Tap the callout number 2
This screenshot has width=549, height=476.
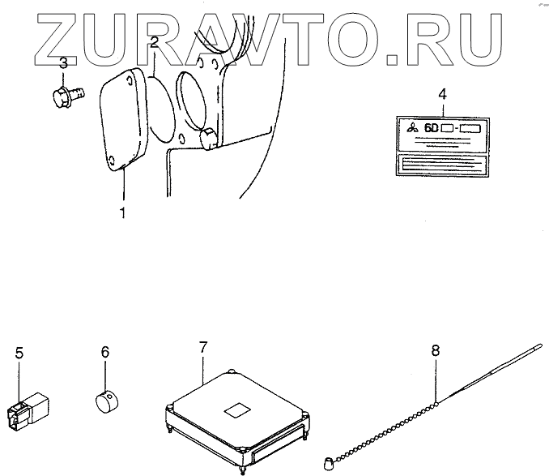click(154, 43)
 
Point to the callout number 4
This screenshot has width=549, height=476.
click(442, 94)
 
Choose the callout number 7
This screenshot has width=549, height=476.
click(203, 348)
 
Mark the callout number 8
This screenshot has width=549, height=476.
click(435, 350)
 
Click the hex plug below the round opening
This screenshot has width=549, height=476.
click(208, 139)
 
